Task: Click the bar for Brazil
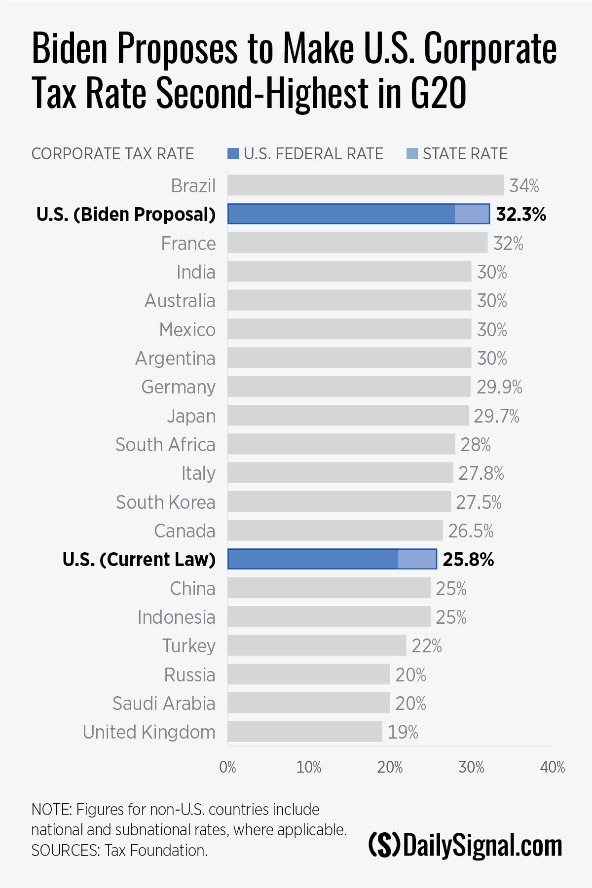click(x=365, y=185)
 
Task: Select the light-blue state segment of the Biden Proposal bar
click(x=472, y=214)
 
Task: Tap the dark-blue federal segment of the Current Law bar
click(x=313, y=559)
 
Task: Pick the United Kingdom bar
click(x=304, y=732)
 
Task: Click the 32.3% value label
click(x=521, y=214)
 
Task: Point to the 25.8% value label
click(x=468, y=560)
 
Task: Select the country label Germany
click(x=179, y=387)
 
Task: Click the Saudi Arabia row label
click(x=164, y=704)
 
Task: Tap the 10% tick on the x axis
click(x=309, y=767)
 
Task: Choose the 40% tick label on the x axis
click(x=553, y=767)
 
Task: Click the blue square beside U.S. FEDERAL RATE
click(x=233, y=154)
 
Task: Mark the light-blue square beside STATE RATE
click(x=412, y=154)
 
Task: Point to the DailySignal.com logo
click(x=465, y=845)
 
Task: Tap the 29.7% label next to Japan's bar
click(x=496, y=416)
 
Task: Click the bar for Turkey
click(x=317, y=645)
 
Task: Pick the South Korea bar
click(x=339, y=502)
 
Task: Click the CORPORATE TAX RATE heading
click(x=112, y=154)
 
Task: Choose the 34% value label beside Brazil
click(x=524, y=186)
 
